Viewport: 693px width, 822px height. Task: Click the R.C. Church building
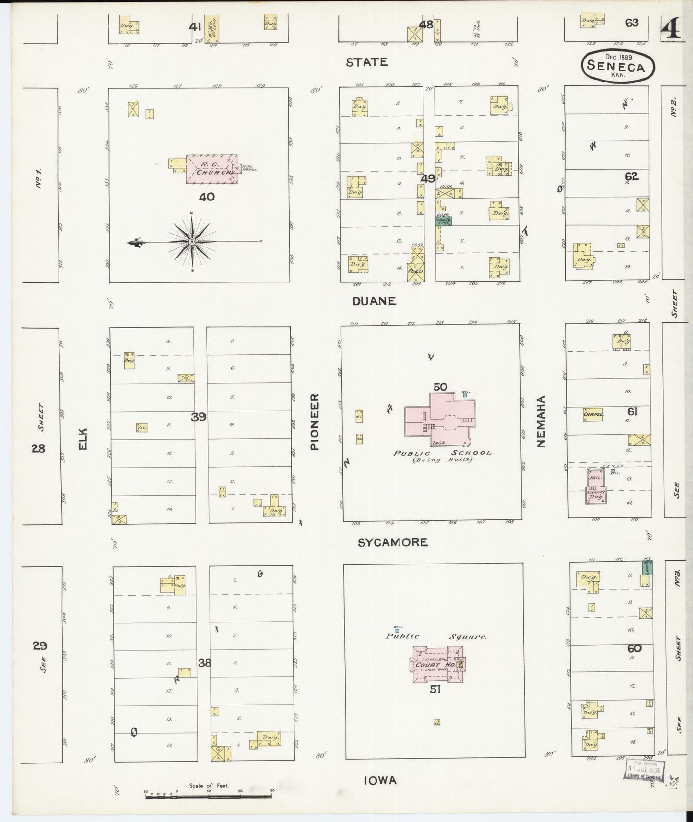[211, 169]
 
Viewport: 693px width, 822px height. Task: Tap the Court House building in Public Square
[435, 664]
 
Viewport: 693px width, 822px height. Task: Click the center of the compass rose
[192, 242]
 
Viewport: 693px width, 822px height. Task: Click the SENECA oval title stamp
[618, 66]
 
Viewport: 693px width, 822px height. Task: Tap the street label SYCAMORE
[393, 542]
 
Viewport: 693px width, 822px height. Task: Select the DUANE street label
[375, 301]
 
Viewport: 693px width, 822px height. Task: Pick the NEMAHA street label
[541, 422]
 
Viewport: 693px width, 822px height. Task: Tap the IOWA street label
[380, 781]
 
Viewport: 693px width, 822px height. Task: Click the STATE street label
[366, 62]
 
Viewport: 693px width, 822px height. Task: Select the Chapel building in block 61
[593, 414]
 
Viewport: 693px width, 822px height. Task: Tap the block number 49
[427, 178]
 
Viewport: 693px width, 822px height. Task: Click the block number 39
[199, 417]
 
